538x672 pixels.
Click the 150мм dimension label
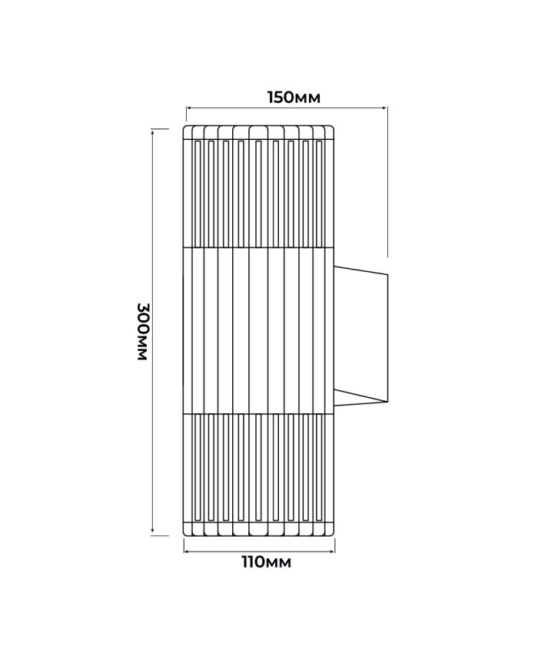pyautogui.click(x=294, y=98)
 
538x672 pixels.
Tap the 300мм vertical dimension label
pyautogui.click(x=142, y=331)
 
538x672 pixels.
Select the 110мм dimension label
pyautogui.click(x=266, y=562)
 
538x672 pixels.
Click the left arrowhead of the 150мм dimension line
pyautogui.click(x=189, y=108)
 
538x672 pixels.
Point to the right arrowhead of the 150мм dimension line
pyautogui.click(x=384, y=108)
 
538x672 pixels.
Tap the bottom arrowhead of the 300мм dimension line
pyautogui.click(x=153, y=532)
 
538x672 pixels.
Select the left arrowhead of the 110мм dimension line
pyautogui.click(x=187, y=551)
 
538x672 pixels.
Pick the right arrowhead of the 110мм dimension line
pyautogui.click(x=332, y=551)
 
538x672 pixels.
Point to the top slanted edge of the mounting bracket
pyautogui.click(x=360, y=270)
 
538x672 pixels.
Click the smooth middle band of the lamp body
pyautogui.click(x=259, y=330)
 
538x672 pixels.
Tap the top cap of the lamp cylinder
pyautogui.click(x=259, y=132)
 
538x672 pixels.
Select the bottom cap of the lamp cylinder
pyautogui.click(x=259, y=528)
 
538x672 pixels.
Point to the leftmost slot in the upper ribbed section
pyautogui.click(x=198, y=193)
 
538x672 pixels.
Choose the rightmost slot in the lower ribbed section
pyautogui.click(x=319, y=468)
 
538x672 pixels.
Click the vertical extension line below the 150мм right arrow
pyautogui.click(x=388, y=182)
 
